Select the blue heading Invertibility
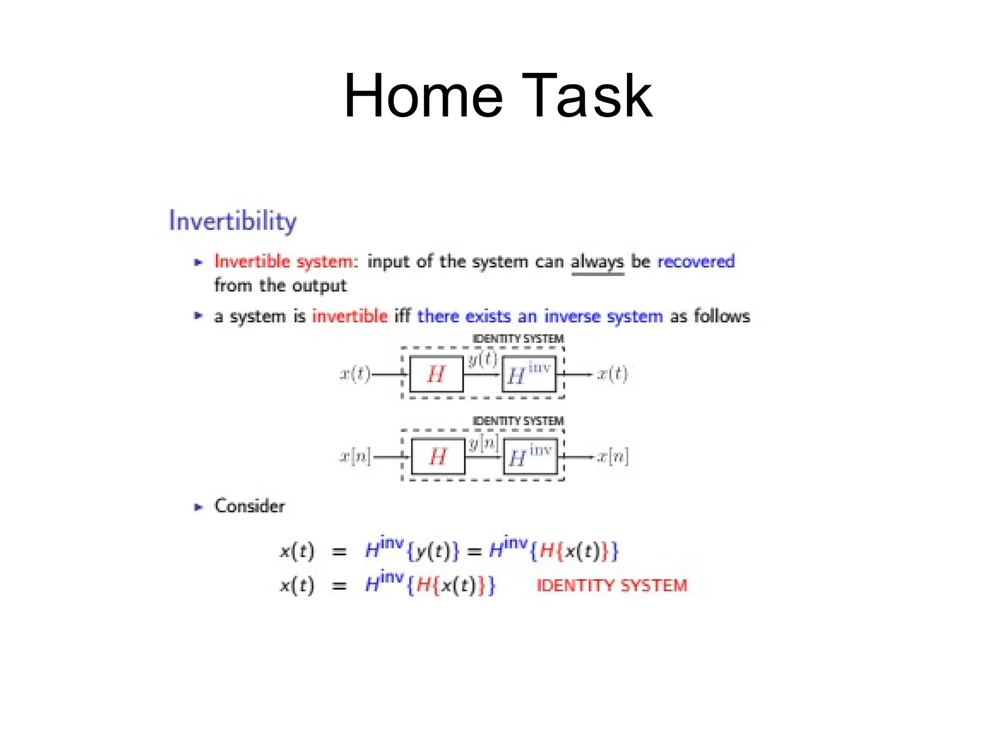(232, 221)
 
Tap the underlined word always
(597, 262)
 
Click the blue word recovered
(695, 262)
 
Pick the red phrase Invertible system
(284, 262)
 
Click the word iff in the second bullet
(402, 316)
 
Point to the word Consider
(249, 506)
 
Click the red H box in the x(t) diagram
(436, 374)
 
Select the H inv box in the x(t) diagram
(529, 374)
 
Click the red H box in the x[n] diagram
(438, 457)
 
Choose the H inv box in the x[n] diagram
(530, 457)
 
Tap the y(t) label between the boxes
(482, 359)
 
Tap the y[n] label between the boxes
(483, 443)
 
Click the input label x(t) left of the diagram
(355, 374)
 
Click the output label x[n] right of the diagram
(613, 457)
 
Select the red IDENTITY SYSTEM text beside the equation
(611, 586)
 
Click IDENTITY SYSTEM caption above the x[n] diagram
(517, 421)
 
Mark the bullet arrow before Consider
(198, 507)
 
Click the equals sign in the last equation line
(339, 586)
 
